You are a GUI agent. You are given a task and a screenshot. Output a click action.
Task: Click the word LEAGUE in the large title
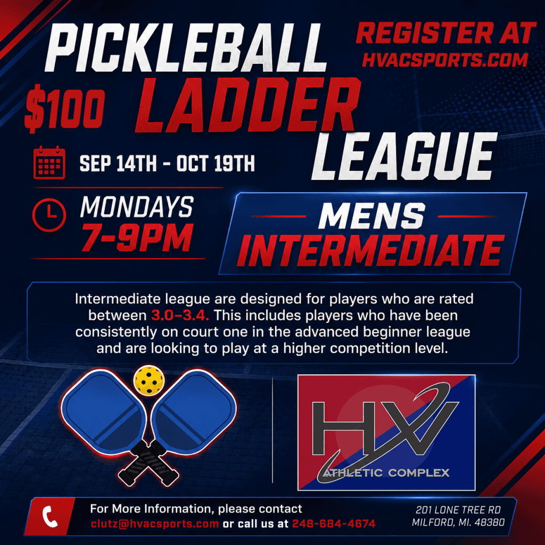point(404,156)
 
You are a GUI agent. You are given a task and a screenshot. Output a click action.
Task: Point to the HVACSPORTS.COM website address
point(445,60)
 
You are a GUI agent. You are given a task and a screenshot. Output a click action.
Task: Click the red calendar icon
point(49,162)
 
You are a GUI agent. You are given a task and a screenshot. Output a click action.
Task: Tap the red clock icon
point(49,215)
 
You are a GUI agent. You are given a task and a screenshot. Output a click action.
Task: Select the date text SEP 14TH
point(118,163)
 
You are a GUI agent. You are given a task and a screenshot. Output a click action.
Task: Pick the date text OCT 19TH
point(216,163)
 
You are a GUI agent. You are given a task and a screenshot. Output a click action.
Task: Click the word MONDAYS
point(137,207)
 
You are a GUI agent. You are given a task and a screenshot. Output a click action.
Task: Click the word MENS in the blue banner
point(371,216)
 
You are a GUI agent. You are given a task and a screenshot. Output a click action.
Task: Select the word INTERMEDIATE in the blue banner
point(370,250)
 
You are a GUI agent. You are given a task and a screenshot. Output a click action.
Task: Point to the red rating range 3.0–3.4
point(180,316)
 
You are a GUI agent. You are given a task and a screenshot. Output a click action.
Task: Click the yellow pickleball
point(149,380)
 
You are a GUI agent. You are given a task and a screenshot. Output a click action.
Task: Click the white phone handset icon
point(50,516)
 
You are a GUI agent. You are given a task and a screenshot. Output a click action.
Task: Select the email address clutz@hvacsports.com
point(155,524)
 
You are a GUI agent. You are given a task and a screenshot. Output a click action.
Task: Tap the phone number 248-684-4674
point(334,524)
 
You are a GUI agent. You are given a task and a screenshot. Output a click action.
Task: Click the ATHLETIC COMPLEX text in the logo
point(386,473)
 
